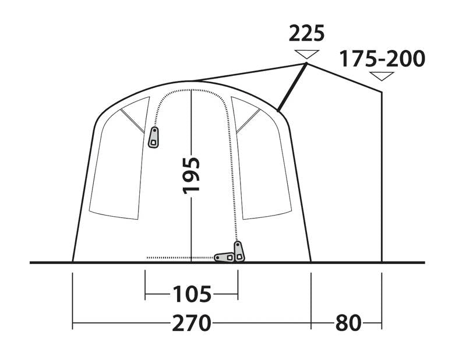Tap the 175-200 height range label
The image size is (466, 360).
pyautogui.click(x=382, y=59)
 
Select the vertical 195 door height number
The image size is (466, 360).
pyautogui.click(x=192, y=175)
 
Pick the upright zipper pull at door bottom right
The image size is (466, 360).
pyautogui.click(x=238, y=251)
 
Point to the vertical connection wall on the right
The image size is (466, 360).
pyautogui.click(x=382, y=175)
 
